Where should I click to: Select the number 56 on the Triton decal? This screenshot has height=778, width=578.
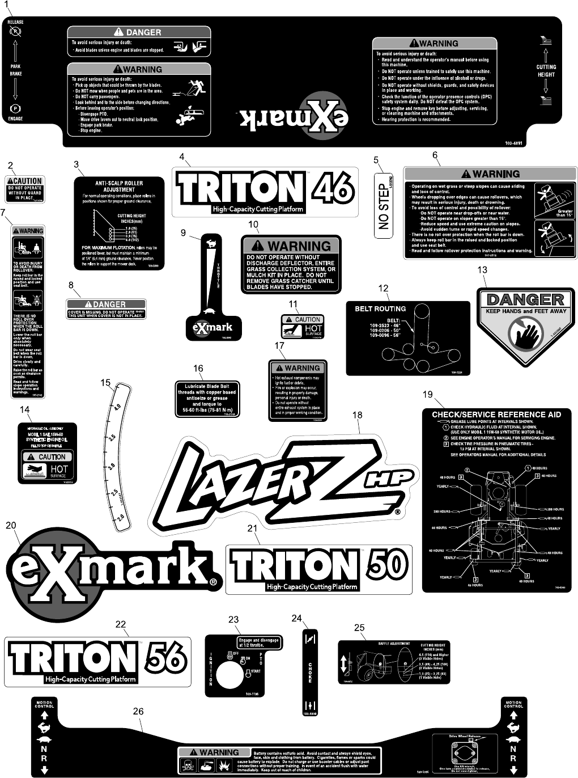[x=166, y=658]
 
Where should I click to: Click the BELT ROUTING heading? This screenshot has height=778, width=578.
[x=380, y=308]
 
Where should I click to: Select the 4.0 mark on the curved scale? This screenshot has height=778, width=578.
[x=117, y=407]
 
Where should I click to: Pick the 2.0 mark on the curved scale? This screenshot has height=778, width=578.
[x=120, y=518]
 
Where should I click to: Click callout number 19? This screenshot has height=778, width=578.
[x=427, y=394]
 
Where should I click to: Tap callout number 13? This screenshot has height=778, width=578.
[x=482, y=270]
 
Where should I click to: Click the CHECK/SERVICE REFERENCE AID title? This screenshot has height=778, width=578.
[x=496, y=415]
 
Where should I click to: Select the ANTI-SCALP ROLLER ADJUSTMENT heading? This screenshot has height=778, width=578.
[x=119, y=187]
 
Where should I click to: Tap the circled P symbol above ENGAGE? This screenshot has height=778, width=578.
[x=15, y=109]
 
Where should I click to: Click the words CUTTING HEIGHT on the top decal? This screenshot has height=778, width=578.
[x=546, y=70]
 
